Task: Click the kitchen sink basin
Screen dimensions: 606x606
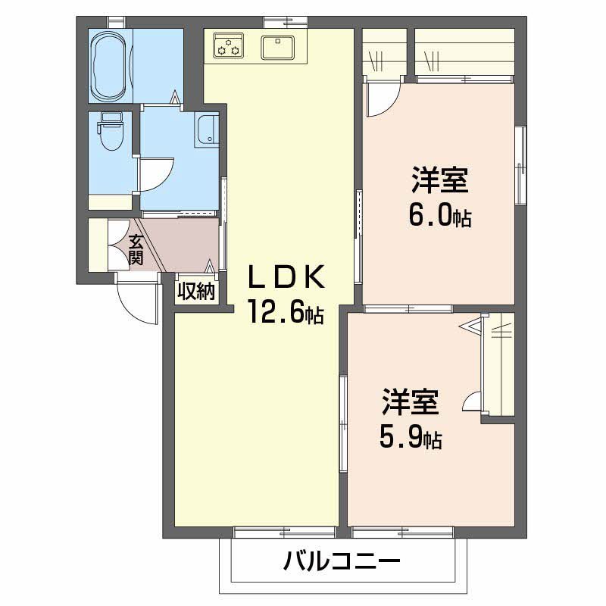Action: point(279,47)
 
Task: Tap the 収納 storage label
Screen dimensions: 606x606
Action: point(197,292)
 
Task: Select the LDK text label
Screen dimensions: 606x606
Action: point(287,279)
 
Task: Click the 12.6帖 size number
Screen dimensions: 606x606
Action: point(286,311)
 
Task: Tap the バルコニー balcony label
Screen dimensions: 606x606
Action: point(342,562)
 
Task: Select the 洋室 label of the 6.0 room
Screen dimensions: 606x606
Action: point(439,182)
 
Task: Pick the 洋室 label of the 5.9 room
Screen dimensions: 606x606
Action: point(410,401)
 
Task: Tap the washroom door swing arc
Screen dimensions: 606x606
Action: point(157,174)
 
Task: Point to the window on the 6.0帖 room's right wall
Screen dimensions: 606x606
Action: point(520,164)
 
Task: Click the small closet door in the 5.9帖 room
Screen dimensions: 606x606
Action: point(472,401)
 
